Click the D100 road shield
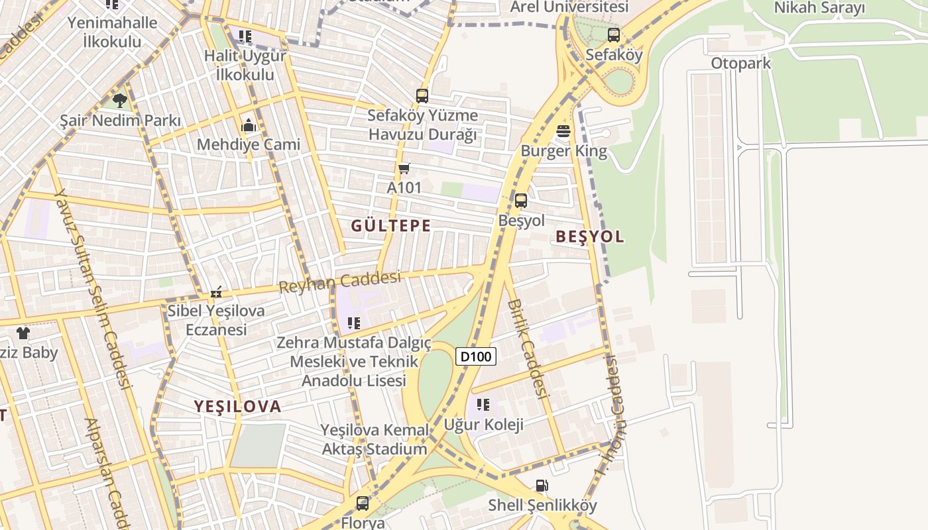pyautogui.click(x=476, y=356)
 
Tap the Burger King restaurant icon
pyautogui.click(x=563, y=131)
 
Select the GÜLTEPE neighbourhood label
pyautogui.click(x=391, y=226)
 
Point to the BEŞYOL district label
pyautogui.click(x=590, y=237)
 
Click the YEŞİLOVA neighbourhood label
pyautogui.click(x=237, y=406)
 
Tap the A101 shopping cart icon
pyautogui.click(x=404, y=169)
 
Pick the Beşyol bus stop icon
pyautogui.click(x=521, y=200)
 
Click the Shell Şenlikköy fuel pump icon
pyautogui.click(x=542, y=486)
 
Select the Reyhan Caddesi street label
pyautogui.click(x=340, y=282)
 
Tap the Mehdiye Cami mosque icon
pyautogui.click(x=249, y=125)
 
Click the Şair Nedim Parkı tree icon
pyautogui.click(x=120, y=101)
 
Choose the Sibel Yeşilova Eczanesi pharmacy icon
pyautogui.click(x=216, y=291)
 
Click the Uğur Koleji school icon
pyautogui.click(x=483, y=404)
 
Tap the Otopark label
pyautogui.click(x=741, y=64)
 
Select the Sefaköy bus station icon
pyautogui.click(x=614, y=35)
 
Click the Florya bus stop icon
pyautogui.click(x=363, y=503)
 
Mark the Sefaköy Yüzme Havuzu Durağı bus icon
pyautogui.click(x=422, y=95)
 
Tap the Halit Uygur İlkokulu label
pyautogui.click(x=245, y=65)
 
